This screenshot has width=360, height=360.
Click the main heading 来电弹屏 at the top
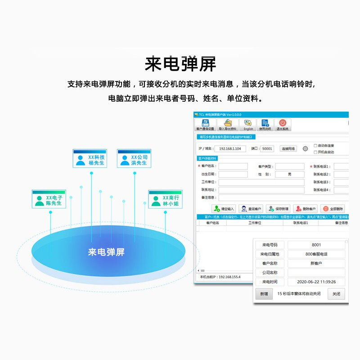[x=180, y=64]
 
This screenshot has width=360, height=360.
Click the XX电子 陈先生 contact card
[x=49, y=199]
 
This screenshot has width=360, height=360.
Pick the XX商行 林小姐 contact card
[x=165, y=199]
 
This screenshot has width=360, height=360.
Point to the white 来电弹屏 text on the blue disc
[x=106, y=252]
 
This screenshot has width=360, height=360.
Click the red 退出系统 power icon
[x=283, y=123]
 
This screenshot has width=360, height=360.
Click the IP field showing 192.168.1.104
[x=230, y=148]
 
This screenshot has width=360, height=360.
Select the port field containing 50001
[x=267, y=148]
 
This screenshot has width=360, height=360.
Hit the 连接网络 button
[x=288, y=148]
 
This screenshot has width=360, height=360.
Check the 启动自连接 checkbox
[x=315, y=145]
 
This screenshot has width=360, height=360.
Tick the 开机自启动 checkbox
[x=315, y=152]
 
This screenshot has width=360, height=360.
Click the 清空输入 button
[x=224, y=209]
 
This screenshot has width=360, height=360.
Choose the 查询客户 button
[x=251, y=209]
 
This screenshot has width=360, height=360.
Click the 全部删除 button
[x=333, y=209]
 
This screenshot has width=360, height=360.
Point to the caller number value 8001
[x=316, y=245]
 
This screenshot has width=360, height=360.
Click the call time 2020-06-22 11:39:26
[x=316, y=282]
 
